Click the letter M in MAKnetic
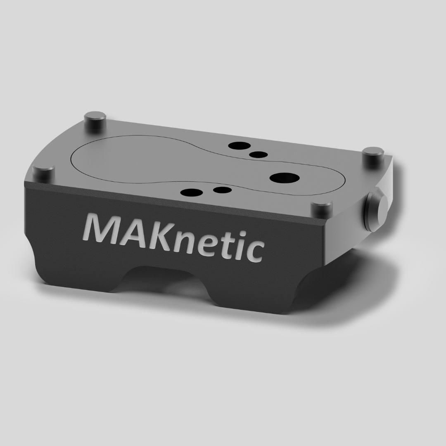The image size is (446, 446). coord(103,230)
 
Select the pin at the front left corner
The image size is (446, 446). coord(43,173)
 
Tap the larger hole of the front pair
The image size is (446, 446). coord(191,192)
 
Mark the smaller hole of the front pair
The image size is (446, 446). coord(222,190)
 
